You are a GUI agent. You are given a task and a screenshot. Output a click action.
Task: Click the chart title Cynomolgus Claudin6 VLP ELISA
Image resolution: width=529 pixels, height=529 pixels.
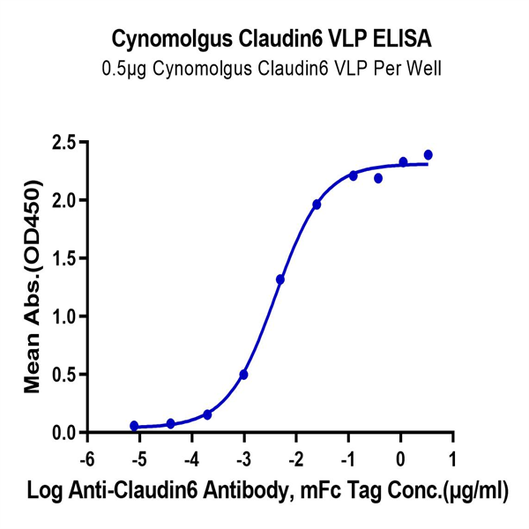pyautogui.click(x=264, y=40)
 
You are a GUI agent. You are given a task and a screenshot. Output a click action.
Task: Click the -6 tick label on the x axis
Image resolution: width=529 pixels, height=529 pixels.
pyautogui.click(x=85, y=460)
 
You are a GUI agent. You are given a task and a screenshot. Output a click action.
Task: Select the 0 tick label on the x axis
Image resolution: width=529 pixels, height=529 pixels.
pyautogui.click(x=401, y=460)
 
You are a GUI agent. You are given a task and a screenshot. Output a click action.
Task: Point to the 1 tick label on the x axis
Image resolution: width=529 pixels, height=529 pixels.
pyautogui.click(x=453, y=460)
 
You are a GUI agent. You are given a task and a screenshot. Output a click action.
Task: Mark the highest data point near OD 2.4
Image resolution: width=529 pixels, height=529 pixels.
pyautogui.click(x=428, y=155)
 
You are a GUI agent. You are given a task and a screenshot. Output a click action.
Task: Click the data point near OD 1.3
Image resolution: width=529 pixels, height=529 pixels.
pyautogui.click(x=280, y=279)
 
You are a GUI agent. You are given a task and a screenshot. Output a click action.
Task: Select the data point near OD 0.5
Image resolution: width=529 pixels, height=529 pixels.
pyautogui.click(x=243, y=375)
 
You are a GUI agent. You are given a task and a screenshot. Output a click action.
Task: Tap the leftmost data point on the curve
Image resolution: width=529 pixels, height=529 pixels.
pyautogui.click(x=134, y=426)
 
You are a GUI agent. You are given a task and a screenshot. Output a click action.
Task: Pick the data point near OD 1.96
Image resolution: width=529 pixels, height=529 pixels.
pyautogui.click(x=317, y=205)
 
